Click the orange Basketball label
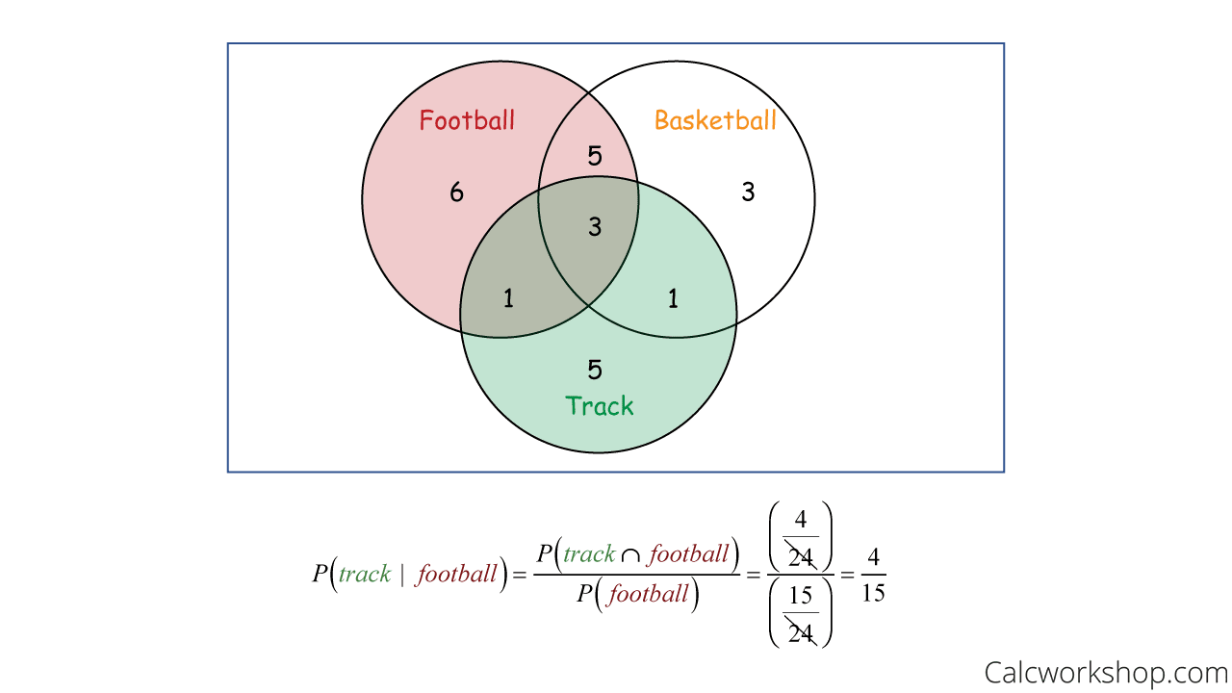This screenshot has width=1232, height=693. click(x=715, y=120)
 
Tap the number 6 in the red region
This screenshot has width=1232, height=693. click(x=456, y=192)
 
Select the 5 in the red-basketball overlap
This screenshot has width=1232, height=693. click(x=595, y=156)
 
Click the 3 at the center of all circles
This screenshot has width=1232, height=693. click(x=595, y=227)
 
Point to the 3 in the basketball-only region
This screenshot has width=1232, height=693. click(x=748, y=192)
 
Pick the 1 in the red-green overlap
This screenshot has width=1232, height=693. click(x=508, y=298)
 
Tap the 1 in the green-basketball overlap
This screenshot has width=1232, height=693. click(x=673, y=298)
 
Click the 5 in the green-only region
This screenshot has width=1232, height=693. click(x=595, y=369)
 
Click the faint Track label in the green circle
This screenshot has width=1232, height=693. click(x=600, y=404)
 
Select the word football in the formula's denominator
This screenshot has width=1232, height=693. click(x=649, y=594)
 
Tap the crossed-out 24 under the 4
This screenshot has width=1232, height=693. click(x=801, y=556)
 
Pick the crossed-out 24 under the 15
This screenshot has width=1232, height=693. click(x=801, y=631)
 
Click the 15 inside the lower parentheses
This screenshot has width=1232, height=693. click(x=801, y=597)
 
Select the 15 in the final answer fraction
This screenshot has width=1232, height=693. click(x=873, y=593)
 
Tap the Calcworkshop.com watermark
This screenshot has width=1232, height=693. click(x=1105, y=671)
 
